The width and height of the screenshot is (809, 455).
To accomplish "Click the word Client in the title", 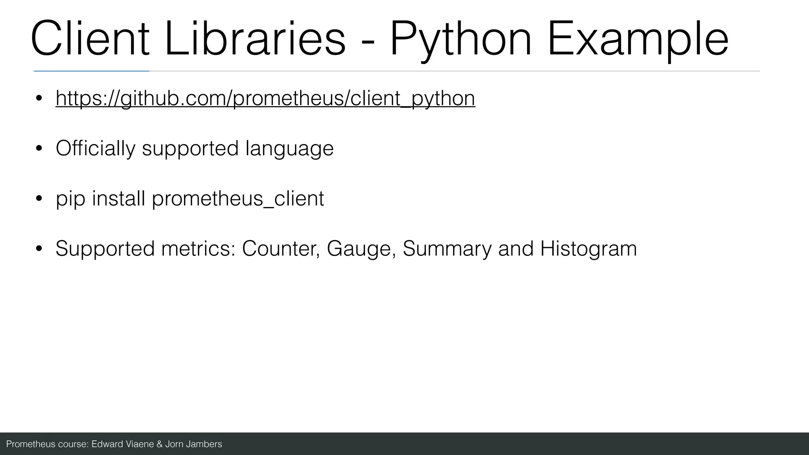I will tap(90, 39).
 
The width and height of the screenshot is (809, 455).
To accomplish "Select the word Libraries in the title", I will tap(255, 39).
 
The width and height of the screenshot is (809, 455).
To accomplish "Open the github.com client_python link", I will tap(265, 98).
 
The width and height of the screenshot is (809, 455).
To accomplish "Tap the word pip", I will tap(70, 199).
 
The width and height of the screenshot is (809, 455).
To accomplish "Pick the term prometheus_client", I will tap(238, 199).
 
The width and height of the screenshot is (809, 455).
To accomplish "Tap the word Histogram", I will tap(588, 249).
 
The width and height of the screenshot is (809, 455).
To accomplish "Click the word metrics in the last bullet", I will tap(198, 249).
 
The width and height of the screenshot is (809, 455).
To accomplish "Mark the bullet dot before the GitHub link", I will tap(39, 98).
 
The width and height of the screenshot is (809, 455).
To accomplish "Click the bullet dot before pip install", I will tap(39, 199).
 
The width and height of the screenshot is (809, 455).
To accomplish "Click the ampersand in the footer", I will tap(160, 444).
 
